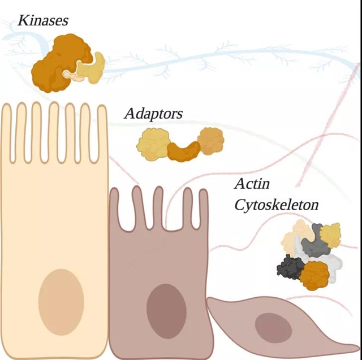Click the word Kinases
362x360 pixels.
43,21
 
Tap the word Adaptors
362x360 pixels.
153,113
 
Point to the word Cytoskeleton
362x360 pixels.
276,204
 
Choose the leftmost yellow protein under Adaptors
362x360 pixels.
152,141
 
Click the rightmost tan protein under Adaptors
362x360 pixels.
211,140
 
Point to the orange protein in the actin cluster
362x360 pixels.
314,274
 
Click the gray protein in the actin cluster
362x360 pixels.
313,244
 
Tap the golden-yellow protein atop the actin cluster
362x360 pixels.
330,233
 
